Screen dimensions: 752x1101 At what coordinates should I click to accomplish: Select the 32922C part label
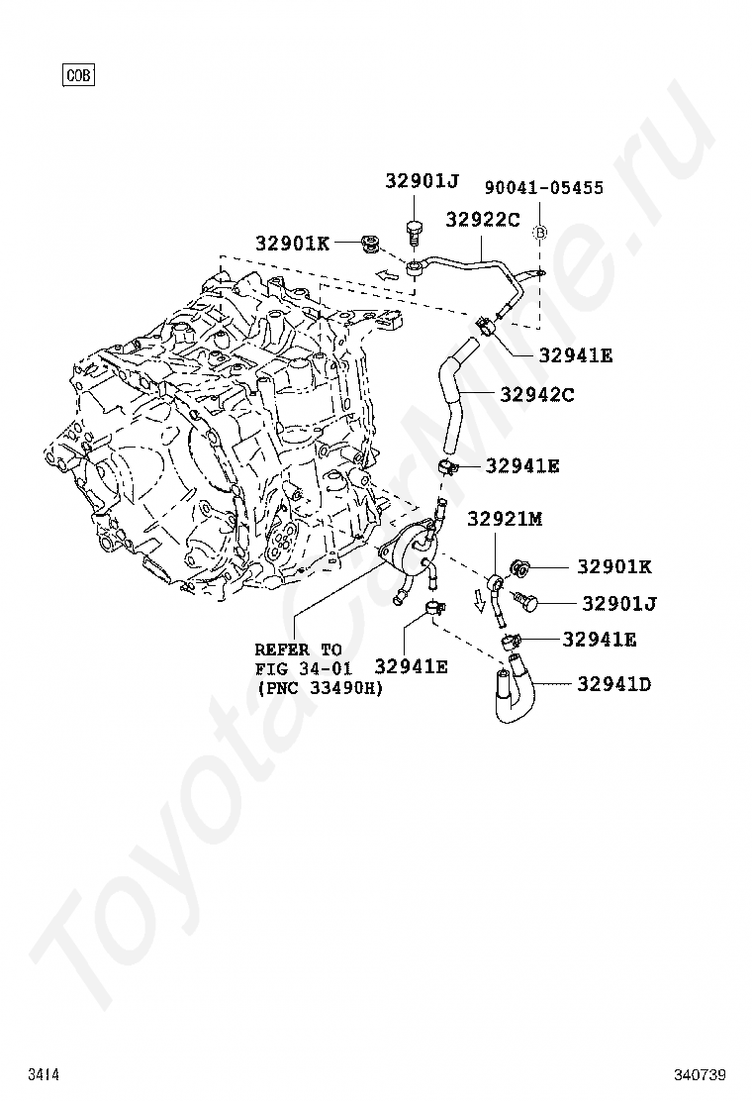pyautogui.click(x=482, y=220)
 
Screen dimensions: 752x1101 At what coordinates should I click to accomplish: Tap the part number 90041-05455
pyautogui.click(x=543, y=188)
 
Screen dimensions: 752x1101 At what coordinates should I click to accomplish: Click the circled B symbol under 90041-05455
pyautogui.click(x=540, y=232)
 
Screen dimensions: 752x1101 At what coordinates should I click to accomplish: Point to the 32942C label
pyautogui.click(x=537, y=395)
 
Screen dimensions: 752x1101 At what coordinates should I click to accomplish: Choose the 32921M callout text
pyautogui.click(x=505, y=519)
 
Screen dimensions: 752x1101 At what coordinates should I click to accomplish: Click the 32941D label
pyautogui.click(x=614, y=684)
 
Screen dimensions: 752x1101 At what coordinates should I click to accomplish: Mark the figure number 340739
pyautogui.click(x=701, y=1074)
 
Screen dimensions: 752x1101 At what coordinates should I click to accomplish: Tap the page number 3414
pyautogui.click(x=44, y=1074)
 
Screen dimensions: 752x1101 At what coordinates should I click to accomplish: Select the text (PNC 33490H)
pyautogui.click(x=319, y=689)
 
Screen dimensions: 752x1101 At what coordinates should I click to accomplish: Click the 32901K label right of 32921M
pyautogui.click(x=614, y=567)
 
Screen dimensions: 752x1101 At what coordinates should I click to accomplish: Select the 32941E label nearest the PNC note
pyautogui.click(x=411, y=667)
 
